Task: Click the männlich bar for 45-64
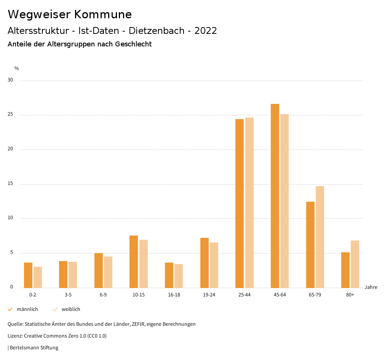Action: click(x=275, y=196)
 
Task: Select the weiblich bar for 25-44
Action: click(x=249, y=202)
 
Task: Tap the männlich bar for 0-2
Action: click(x=28, y=275)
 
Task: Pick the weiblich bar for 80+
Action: click(x=355, y=264)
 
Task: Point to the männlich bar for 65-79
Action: click(x=310, y=245)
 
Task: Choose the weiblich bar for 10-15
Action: click(x=143, y=264)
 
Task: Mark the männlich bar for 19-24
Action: click(x=204, y=263)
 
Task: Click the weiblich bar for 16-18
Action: click(x=179, y=276)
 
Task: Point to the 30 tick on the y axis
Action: click(x=10, y=80)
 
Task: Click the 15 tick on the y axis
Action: click(x=10, y=184)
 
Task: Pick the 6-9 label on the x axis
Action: click(x=103, y=295)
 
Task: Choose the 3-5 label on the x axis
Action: click(x=68, y=295)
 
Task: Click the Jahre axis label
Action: click(x=371, y=287)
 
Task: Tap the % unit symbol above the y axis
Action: click(x=16, y=68)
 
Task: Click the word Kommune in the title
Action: click(x=103, y=14)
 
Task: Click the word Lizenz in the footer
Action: click(x=15, y=336)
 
